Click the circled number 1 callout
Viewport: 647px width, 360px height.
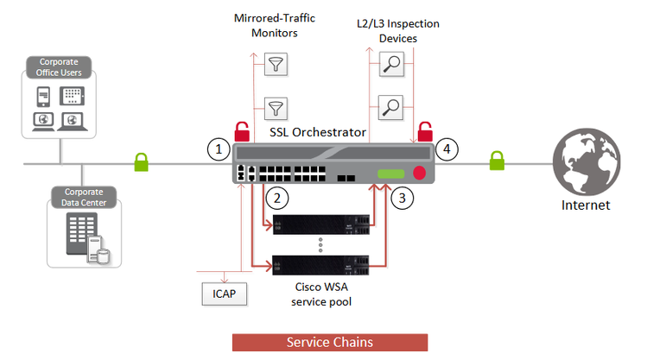(x=219, y=149)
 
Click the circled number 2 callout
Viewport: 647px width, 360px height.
(x=276, y=199)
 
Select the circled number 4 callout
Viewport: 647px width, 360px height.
(x=446, y=149)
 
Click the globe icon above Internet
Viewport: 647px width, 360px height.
(x=585, y=162)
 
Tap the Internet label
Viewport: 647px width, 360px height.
(x=585, y=205)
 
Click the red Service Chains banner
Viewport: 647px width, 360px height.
(x=329, y=342)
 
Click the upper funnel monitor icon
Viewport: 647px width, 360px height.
(x=276, y=65)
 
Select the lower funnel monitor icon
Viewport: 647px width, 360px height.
(x=276, y=108)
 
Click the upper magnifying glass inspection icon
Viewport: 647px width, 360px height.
(x=391, y=65)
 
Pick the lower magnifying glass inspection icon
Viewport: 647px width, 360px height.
(x=391, y=108)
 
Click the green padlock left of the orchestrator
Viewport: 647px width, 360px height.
(x=141, y=161)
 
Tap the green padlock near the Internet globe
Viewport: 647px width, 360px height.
(x=496, y=161)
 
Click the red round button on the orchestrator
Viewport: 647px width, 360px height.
(x=420, y=172)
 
